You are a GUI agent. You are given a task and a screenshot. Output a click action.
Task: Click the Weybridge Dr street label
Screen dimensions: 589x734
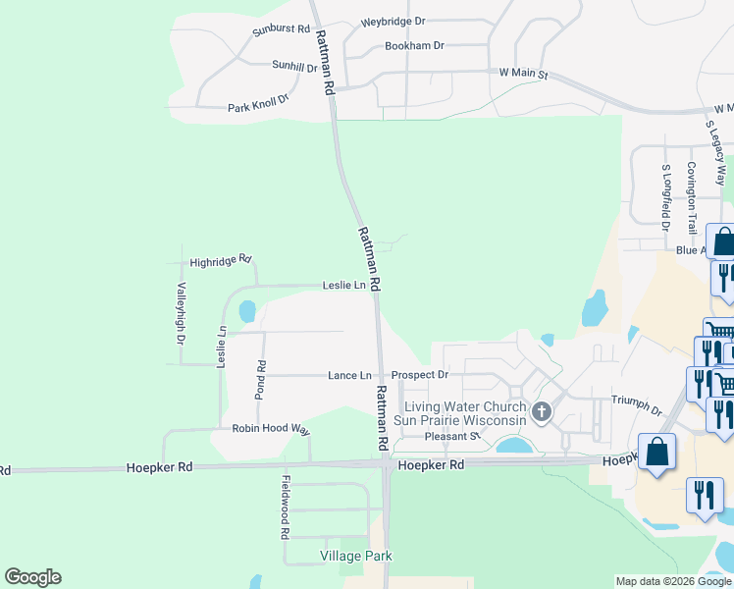pos(393,21)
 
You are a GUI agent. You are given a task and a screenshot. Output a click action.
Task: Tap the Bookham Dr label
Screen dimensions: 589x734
pos(414,46)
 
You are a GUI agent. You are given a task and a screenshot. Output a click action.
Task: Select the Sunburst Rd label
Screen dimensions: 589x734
pos(281,30)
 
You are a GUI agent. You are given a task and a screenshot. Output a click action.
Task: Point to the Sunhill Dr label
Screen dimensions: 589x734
pos(294,67)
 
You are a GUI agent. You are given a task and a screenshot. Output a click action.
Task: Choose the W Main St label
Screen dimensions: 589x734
pos(522,74)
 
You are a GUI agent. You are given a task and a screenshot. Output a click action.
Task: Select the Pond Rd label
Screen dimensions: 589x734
pos(261,379)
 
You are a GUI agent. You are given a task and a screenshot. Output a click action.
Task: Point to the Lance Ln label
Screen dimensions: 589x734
pos(349,375)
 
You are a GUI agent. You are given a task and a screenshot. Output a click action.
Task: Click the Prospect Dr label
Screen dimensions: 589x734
pos(420,375)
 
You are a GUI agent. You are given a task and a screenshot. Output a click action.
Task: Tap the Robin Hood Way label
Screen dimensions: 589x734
pos(271,429)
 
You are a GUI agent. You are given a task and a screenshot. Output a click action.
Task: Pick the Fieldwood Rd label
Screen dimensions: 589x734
pos(285,508)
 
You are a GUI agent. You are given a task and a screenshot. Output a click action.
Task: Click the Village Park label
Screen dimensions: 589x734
pos(356,556)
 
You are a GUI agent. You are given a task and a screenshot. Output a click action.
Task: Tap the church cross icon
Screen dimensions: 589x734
pos(541,413)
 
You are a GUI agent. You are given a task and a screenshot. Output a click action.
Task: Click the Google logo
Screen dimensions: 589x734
pos(32,577)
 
